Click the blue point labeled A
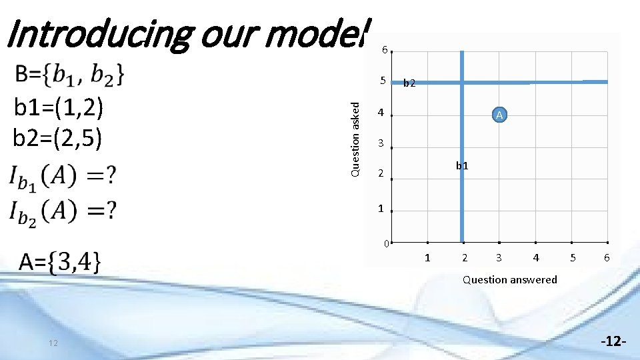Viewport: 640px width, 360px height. (x=500, y=115)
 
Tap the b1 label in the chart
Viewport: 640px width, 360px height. (x=462, y=166)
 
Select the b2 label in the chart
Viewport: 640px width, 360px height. (x=409, y=83)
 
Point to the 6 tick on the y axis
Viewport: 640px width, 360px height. (x=383, y=50)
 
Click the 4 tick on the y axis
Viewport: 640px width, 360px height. (x=381, y=113)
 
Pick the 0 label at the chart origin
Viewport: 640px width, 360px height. (x=386, y=244)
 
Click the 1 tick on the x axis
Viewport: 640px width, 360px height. (x=427, y=257)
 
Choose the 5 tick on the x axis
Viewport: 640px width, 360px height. (x=571, y=257)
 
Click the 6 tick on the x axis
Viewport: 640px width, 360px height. (x=607, y=257)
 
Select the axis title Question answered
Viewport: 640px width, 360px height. (x=510, y=280)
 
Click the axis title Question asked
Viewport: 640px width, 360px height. (x=357, y=139)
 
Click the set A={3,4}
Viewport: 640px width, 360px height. (x=60, y=261)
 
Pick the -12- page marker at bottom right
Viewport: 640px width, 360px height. (x=612, y=341)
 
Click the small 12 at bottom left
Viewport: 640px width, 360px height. (x=53, y=343)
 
